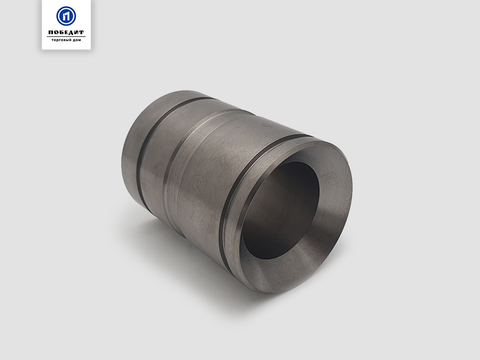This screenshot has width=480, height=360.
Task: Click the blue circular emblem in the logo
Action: tap(66, 16)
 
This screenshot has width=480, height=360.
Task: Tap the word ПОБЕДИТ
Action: tap(66, 32)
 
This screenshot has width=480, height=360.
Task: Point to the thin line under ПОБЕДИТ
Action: tap(66, 37)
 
